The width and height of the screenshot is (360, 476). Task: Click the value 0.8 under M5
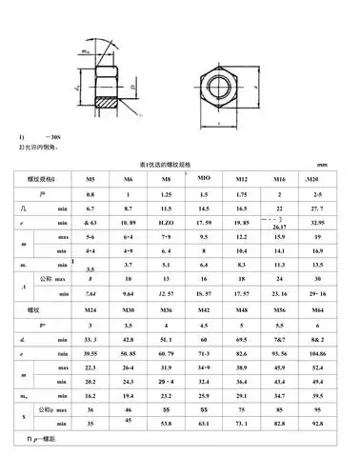pyautogui.click(x=90, y=193)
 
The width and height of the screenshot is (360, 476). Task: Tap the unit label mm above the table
pyautogui.click(x=335, y=165)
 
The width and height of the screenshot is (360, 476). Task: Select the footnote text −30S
pyautogui.click(x=56, y=138)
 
